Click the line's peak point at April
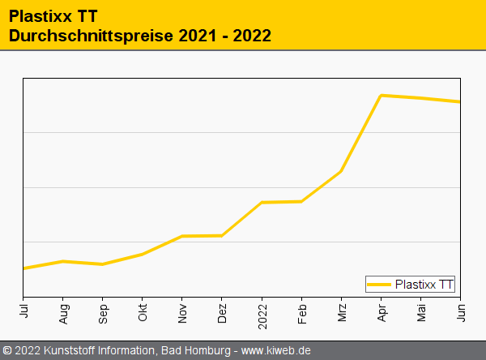coord(381,95)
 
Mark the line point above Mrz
coord(341,171)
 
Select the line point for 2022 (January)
coord(262,202)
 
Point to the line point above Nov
coord(182,236)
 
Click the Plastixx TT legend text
coord(424,284)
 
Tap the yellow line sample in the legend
coord(379,284)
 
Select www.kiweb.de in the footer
coord(276,350)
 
